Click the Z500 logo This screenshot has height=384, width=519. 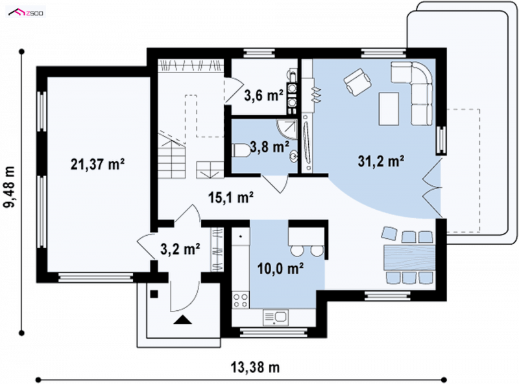pyautogui.click(x=26, y=13)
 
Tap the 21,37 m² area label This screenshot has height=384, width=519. pyautogui.click(x=98, y=164)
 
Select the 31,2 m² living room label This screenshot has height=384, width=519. pyautogui.click(x=381, y=161)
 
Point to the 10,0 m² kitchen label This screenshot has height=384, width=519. pyautogui.click(x=281, y=268)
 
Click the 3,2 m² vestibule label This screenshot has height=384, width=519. pyautogui.click(x=180, y=249)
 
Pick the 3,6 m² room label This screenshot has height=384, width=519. pyautogui.click(x=264, y=95)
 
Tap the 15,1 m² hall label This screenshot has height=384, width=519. pyautogui.click(x=231, y=198)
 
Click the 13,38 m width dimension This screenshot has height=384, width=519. pyautogui.click(x=255, y=367)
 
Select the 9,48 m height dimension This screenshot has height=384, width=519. pyautogui.click(x=10, y=186)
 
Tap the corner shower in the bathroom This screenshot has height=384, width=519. pyautogui.click(x=287, y=130)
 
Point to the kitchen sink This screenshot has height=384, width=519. pyautogui.click(x=276, y=317)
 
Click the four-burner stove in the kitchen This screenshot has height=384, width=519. pyautogui.click(x=241, y=300)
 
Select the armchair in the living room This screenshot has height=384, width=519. pyautogui.click(x=357, y=82)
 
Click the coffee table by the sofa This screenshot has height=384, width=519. pyautogui.click(x=389, y=109)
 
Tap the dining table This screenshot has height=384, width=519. pyautogui.click(x=409, y=258)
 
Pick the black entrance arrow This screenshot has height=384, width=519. pyautogui.click(x=183, y=319)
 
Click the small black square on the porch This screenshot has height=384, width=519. pyautogui.click(x=154, y=294)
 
